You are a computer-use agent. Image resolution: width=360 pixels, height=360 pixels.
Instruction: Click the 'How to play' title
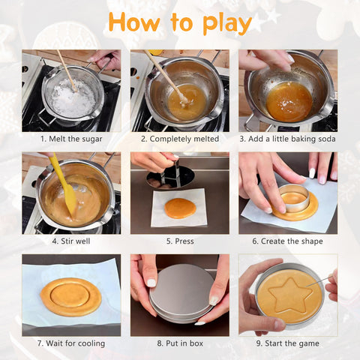click(x=179, y=22)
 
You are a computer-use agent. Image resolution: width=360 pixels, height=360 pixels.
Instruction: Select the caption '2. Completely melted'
click(x=179, y=139)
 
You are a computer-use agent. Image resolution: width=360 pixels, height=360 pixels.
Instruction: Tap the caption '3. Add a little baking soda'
click(x=288, y=139)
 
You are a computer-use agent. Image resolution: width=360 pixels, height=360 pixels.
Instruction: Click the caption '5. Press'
click(x=179, y=241)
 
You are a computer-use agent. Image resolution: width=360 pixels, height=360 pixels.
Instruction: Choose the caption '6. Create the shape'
click(x=288, y=241)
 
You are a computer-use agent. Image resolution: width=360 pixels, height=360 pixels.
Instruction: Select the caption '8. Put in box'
click(x=179, y=343)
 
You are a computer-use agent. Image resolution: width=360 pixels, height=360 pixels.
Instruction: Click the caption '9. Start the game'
click(x=288, y=343)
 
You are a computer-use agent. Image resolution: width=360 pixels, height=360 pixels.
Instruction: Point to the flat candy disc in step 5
click(x=180, y=208)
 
